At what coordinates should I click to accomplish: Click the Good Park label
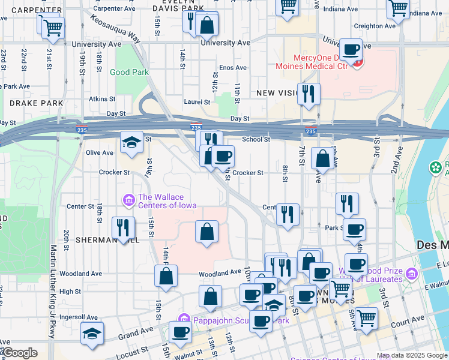coord(129,72)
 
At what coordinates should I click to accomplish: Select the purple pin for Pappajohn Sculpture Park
coord(184,320)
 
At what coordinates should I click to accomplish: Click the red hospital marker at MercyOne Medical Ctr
coord(358,62)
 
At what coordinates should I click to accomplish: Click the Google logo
coord(19,353)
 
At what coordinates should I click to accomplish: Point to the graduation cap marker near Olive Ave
coord(131,142)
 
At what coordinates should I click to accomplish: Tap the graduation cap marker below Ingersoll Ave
coord(92,333)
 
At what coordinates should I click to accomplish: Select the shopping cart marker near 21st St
coord(53,26)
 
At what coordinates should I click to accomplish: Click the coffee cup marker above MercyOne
coord(351,49)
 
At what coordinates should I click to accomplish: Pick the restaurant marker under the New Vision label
coord(309,94)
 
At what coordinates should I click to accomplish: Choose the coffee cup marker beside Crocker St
coord(223,157)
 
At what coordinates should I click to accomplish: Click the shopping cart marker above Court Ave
coord(366,317)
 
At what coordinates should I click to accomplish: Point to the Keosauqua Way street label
coord(115,28)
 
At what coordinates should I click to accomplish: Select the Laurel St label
coord(197,102)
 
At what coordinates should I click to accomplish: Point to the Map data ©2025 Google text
coord(411,355)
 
